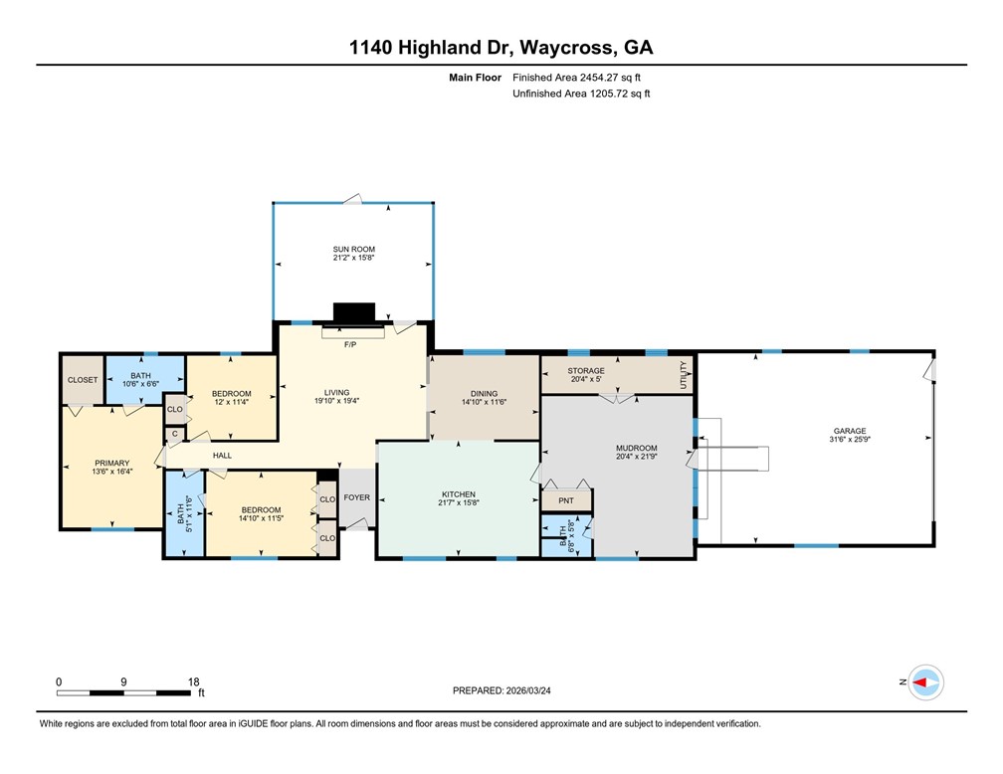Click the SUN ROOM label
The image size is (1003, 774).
pyautogui.click(x=353, y=249)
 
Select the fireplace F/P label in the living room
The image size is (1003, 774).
pyautogui.click(x=350, y=344)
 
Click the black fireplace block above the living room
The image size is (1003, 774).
pyautogui.click(x=353, y=312)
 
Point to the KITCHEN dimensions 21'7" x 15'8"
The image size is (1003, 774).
pyautogui.click(x=459, y=503)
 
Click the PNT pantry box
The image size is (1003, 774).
pyautogui.click(x=566, y=500)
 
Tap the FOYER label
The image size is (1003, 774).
pyautogui.click(x=355, y=497)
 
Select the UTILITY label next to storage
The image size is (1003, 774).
pyautogui.click(x=684, y=376)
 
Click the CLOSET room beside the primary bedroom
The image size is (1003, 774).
pyautogui.click(x=83, y=380)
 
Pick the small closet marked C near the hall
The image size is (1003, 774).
pyautogui.click(x=175, y=433)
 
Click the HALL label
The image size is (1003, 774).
pyautogui.click(x=222, y=456)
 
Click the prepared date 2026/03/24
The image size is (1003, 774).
pyautogui.click(x=543, y=689)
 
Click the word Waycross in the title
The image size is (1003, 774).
pyautogui.click(x=542, y=47)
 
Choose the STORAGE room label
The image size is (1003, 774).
pyautogui.click(x=585, y=370)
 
